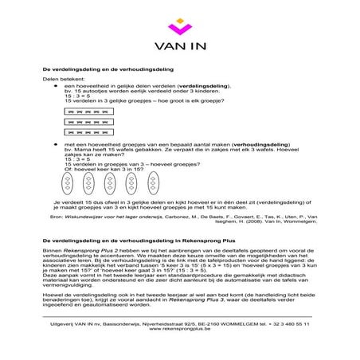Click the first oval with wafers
[x=68, y=184]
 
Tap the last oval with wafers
[x=151, y=184]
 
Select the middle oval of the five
[x=109, y=184]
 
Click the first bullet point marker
[x=56, y=85]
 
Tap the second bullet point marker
[x=56, y=143]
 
